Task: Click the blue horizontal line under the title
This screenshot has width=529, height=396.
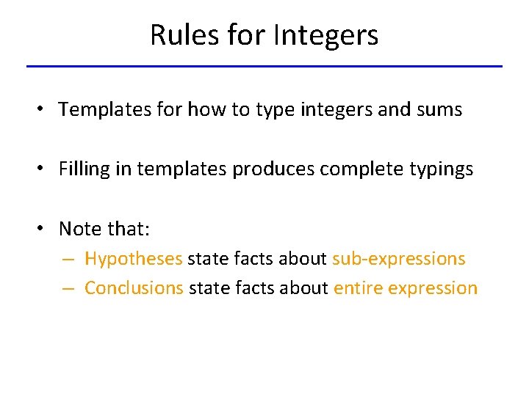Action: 264,67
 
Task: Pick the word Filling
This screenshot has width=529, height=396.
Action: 84,169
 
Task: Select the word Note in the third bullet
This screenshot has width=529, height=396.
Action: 80,229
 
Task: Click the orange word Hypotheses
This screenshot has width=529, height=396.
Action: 133,259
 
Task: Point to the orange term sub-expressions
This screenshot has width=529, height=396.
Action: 398,259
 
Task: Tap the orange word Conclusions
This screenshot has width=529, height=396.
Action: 134,288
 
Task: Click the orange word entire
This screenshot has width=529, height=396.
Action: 357,288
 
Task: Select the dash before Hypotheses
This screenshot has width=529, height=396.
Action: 68,260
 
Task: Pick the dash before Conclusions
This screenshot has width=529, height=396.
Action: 68,289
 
